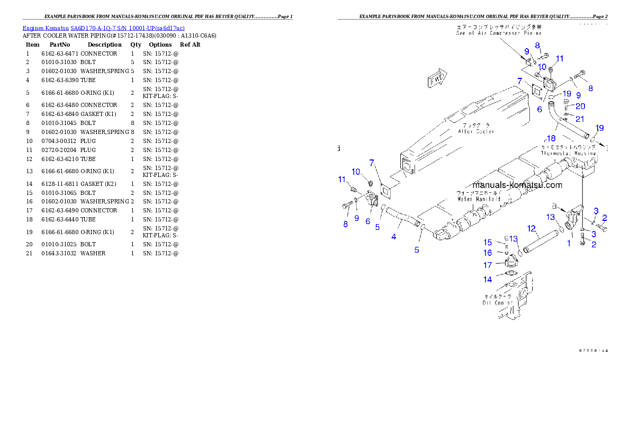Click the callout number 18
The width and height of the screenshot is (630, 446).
[x=551, y=138]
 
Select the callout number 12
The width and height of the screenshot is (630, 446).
[x=532, y=228]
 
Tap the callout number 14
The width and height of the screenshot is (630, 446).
[x=488, y=279]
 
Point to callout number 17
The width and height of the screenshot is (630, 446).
[x=488, y=265]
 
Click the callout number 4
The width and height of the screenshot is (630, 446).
[x=394, y=237]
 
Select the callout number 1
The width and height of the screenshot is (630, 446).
[x=569, y=243]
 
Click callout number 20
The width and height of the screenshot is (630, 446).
[x=580, y=106]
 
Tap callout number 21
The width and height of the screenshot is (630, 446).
[x=580, y=119]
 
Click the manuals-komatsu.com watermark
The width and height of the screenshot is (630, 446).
[x=517, y=185]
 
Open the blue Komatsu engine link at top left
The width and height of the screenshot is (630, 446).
[x=103, y=28]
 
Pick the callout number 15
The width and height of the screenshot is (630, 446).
[x=488, y=243]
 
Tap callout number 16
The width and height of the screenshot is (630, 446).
[x=488, y=253]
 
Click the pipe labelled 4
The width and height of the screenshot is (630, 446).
[x=402, y=218]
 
